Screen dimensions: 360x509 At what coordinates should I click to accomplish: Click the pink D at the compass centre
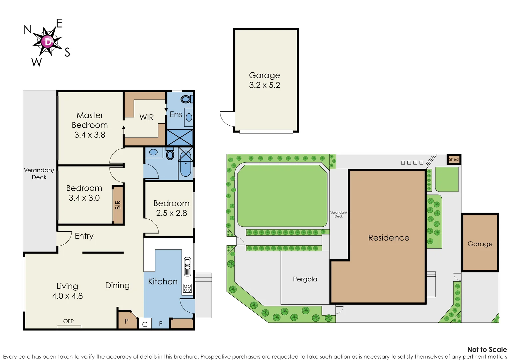[x=48, y=42]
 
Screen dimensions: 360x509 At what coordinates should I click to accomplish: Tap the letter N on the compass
[x=28, y=30]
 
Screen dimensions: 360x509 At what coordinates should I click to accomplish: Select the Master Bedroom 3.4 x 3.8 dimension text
[x=90, y=135]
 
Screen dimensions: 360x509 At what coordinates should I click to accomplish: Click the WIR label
[x=147, y=117]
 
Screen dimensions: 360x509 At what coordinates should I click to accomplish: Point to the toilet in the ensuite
[x=186, y=99]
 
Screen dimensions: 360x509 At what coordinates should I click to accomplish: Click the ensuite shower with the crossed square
[x=180, y=138]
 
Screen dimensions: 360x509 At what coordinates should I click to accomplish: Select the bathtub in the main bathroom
[x=186, y=164]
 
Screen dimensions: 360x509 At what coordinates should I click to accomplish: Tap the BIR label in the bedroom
[x=118, y=205]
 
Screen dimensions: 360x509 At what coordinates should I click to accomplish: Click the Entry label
[x=84, y=236]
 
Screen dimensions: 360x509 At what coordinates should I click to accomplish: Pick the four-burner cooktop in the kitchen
[x=188, y=288]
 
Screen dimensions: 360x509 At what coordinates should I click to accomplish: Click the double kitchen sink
[x=188, y=266]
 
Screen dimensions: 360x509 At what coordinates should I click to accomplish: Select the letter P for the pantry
[x=126, y=321]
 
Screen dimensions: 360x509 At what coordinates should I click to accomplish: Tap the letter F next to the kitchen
[x=161, y=324]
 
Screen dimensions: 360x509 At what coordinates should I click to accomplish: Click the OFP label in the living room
[x=68, y=321]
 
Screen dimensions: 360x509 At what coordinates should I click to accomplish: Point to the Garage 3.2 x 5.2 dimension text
[x=264, y=85]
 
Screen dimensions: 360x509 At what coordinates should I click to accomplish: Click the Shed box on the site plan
[x=454, y=159]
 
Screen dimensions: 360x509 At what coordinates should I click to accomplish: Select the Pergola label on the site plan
[x=305, y=279]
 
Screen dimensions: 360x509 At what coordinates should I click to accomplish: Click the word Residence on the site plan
[x=389, y=238]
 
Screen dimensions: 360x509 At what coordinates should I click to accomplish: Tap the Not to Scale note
[x=487, y=349]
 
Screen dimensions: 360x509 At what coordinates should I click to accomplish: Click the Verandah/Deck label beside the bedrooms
[x=39, y=174]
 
